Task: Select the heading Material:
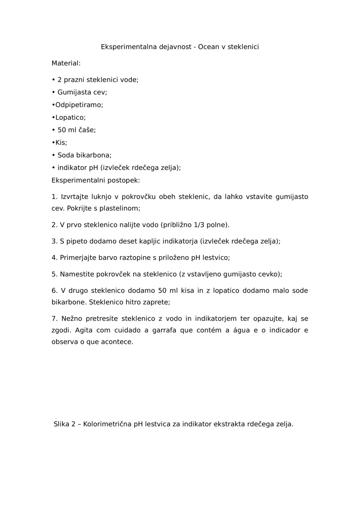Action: click(x=66, y=63)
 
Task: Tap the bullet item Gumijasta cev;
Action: click(x=82, y=92)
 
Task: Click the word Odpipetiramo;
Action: click(x=79, y=105)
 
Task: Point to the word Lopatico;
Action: click(x=70, y=117)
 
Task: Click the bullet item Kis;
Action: click(x=61, y=142)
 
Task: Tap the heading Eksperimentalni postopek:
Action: click(x=96, y=180)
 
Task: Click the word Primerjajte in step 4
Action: click(x=78, y=258)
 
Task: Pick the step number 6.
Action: click(x=54, y=291)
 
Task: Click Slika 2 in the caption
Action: click(x=64, y=424)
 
